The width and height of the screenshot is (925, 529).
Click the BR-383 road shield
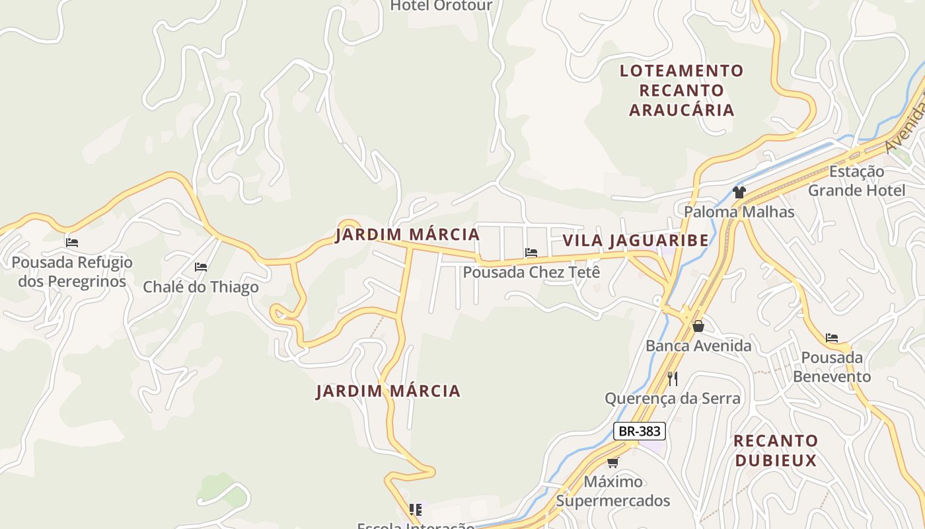tap(639, 431)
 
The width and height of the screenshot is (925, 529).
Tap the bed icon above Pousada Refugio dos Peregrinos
tap(72, 243)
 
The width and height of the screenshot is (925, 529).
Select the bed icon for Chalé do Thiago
tap(201, 267)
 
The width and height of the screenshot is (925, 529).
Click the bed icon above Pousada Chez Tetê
tap(531, 252)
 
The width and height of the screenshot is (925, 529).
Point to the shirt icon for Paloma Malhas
tap(739, 192)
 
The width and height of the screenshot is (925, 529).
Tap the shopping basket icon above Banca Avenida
tap(698, 326)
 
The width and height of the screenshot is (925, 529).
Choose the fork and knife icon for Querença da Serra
tap(673, 378)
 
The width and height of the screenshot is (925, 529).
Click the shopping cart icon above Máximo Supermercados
tap(613, 462)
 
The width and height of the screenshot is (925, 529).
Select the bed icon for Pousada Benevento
tap(832, 338)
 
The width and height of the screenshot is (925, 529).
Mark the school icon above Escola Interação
tap(416, 509)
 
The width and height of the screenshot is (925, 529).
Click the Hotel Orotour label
tap(441, 6)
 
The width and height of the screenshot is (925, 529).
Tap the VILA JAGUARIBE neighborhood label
tap(635, 240)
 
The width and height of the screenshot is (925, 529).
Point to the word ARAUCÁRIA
tap(681, 110)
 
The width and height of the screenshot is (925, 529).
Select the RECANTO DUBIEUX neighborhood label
tap(776, 450)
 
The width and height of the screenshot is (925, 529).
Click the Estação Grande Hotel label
tap(856, 181)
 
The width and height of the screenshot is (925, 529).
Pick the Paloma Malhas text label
tap(739, 212)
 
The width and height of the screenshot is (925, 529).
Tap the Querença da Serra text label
tap(673, 398)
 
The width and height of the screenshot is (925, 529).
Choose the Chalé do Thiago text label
tap(201, 287)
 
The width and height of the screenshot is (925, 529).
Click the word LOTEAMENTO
tap(681, 70)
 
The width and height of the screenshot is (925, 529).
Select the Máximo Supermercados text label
tap(613, 491)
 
